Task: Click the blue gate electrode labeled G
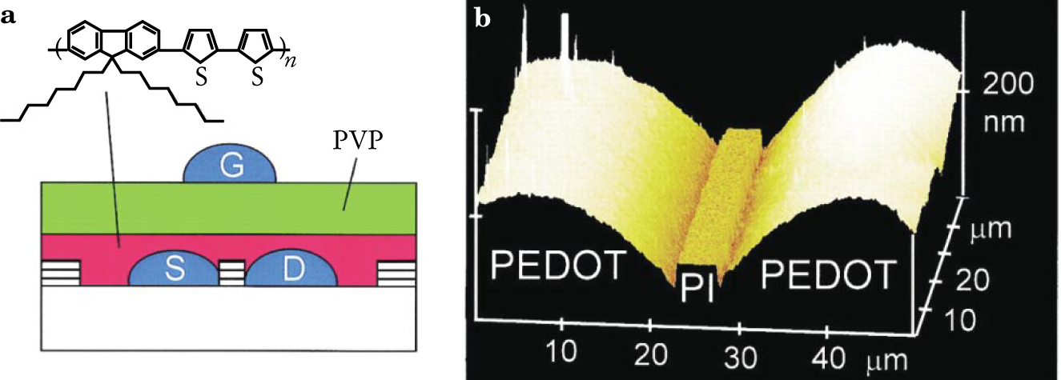pyautogui.click(x=231, y=168)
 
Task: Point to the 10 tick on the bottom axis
pyautogui.click(x=563, y=351)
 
